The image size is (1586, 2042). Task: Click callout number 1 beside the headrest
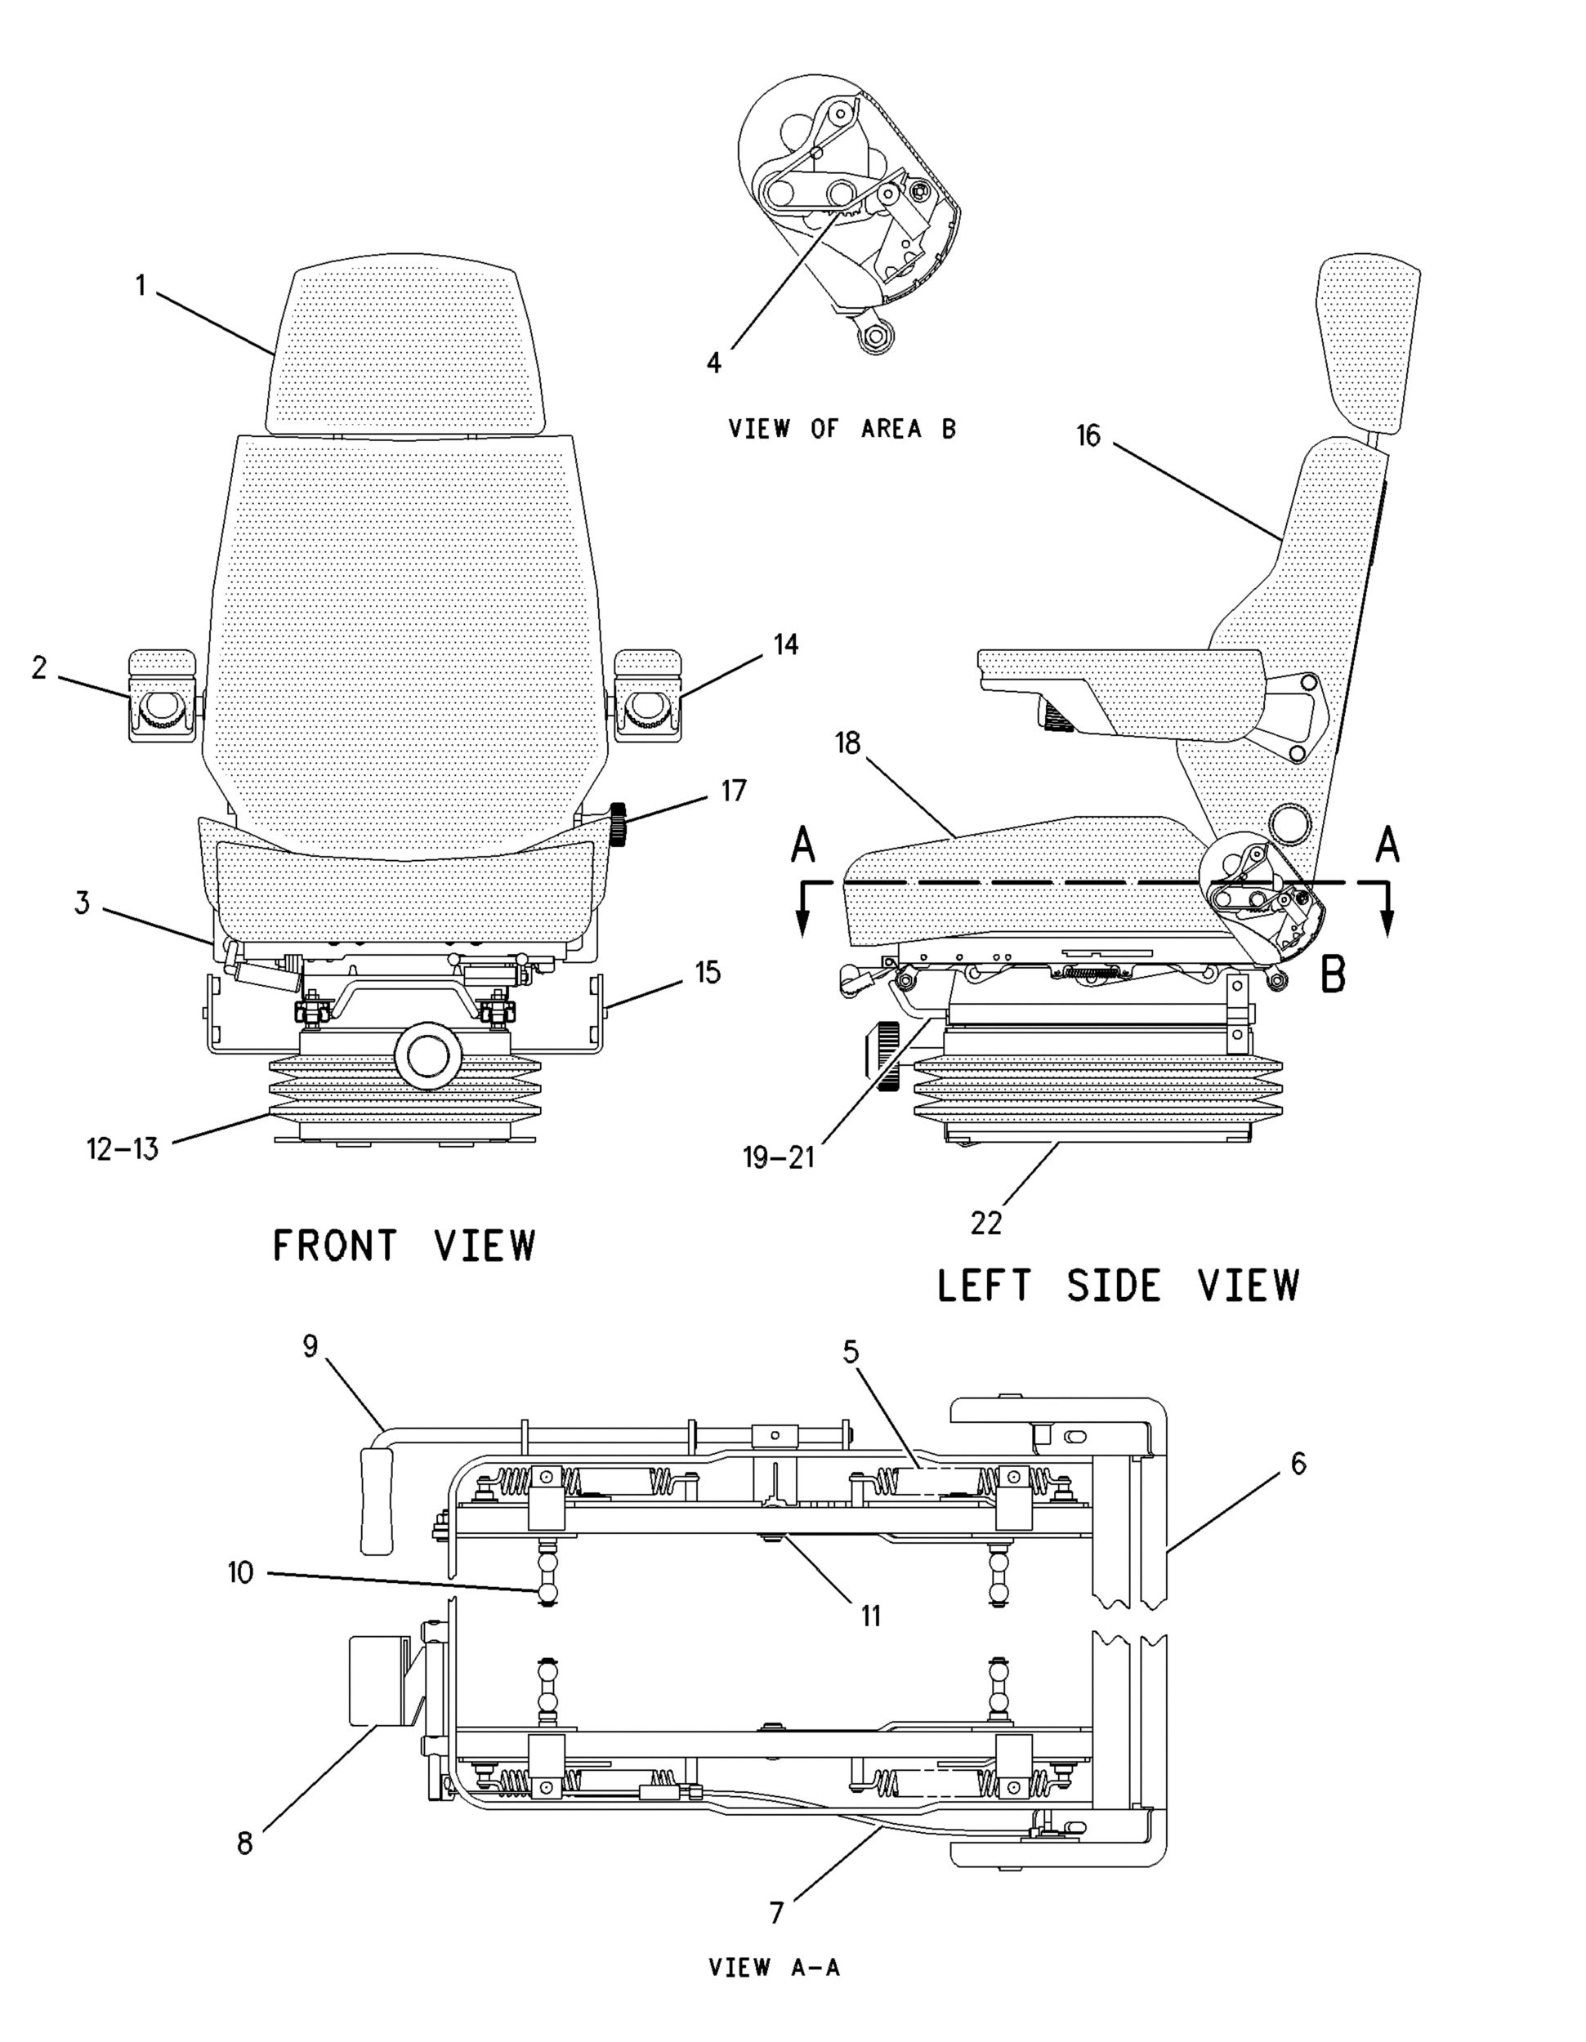(141, 284)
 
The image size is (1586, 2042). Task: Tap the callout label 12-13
(123, 1148)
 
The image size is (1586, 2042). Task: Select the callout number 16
(1088, 435)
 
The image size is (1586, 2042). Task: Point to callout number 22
(986, 1222)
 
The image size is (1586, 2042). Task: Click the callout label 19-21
(779, 1157)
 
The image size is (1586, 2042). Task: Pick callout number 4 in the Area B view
(714, 362)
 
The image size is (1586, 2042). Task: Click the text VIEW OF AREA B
(842, 429)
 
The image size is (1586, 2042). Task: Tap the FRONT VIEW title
(404, 1246)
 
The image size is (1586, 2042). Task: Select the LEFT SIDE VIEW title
(1118, 1285)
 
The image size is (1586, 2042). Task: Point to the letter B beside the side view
(1333, 974)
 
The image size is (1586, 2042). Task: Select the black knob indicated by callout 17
(617, 823)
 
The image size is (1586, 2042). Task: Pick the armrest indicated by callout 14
(648, 697)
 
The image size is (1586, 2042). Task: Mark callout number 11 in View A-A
(870, 1615)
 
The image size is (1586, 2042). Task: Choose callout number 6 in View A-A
(1298, 1463)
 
